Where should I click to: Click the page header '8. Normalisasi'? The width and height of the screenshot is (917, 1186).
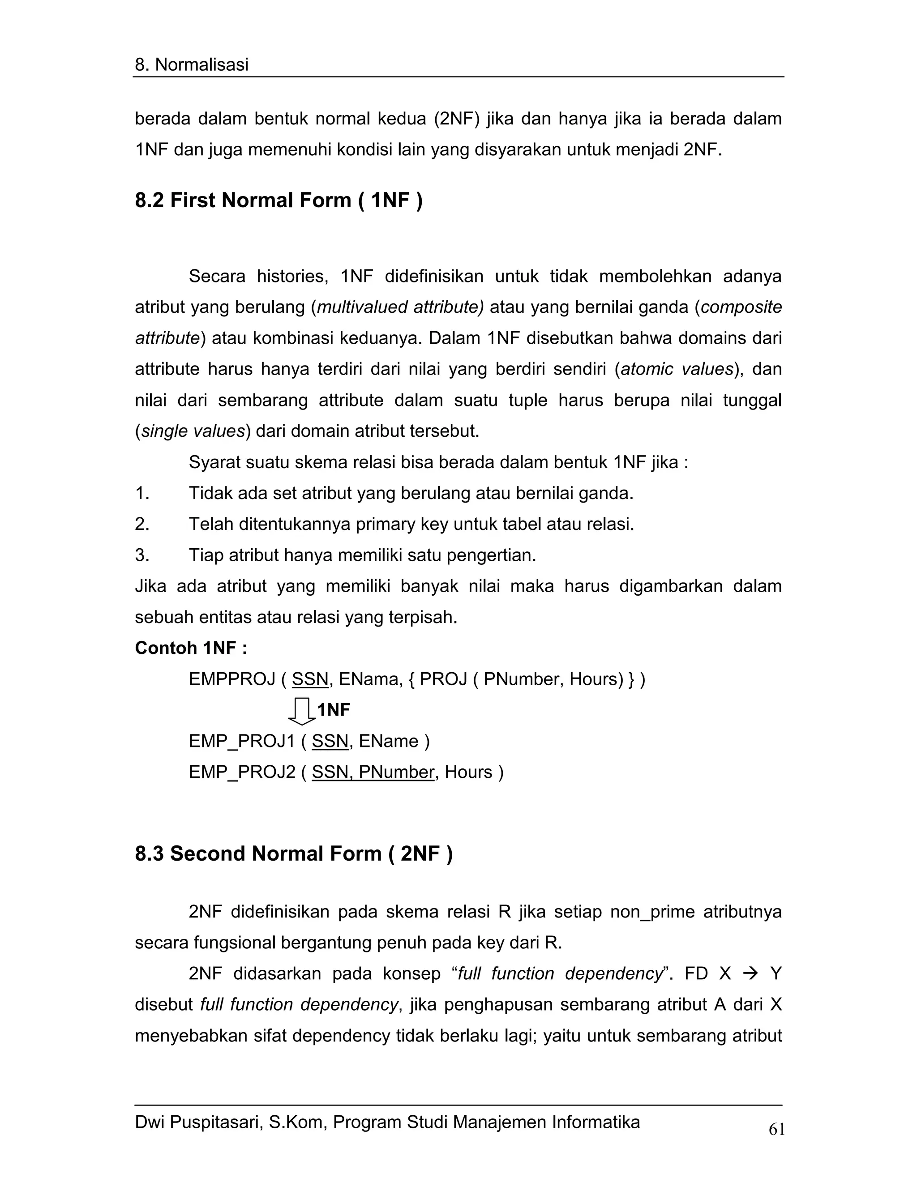click(191, 64)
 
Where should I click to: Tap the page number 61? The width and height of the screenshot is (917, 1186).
click(776, 1130)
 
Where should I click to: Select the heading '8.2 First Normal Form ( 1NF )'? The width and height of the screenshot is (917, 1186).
click(279, 201)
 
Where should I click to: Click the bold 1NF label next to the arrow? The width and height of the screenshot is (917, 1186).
click(334, 710)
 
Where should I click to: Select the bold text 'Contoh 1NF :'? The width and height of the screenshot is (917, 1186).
click(191, 648)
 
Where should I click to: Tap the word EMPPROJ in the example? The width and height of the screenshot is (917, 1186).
click(232, 679)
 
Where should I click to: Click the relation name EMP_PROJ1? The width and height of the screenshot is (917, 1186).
click(242, 741)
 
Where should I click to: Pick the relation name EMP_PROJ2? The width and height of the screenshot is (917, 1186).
click(242, 772)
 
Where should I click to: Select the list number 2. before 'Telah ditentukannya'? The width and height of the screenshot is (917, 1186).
click(142, 525)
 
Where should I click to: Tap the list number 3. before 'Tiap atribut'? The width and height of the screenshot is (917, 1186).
click(142, 555)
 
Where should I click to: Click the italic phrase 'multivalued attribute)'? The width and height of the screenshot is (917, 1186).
click(400, 307)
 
